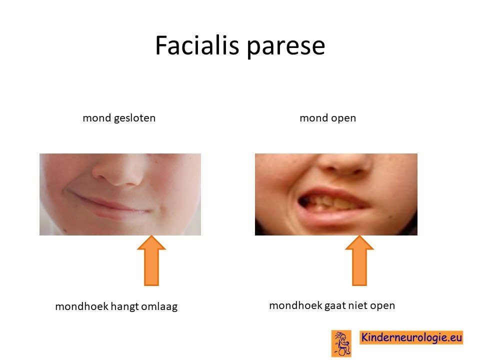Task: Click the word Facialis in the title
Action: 197,45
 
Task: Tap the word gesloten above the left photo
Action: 134,118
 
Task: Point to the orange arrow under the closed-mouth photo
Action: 151,260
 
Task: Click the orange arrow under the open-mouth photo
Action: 359,260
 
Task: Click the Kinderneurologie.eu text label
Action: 411,337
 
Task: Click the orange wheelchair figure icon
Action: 341,343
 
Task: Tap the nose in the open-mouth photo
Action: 345,164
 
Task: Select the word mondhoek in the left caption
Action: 81,306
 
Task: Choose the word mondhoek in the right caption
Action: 295,305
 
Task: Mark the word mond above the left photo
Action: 96,118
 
